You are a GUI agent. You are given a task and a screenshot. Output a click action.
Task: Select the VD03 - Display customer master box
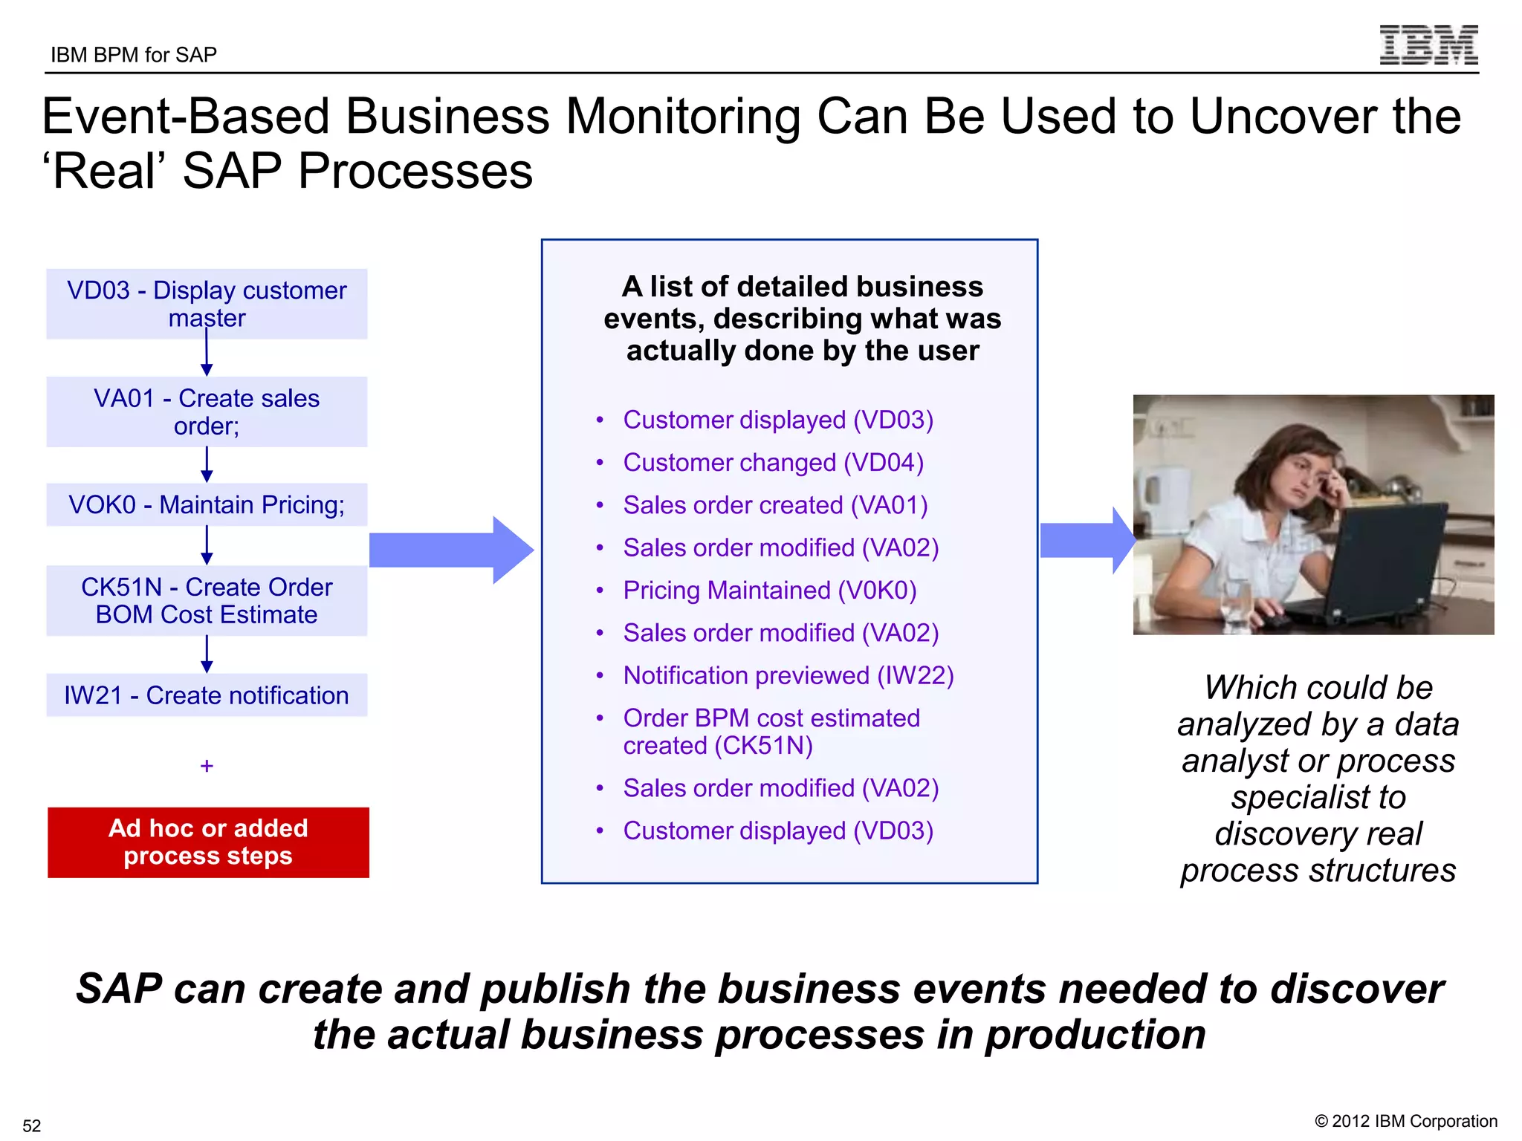click(207, 304)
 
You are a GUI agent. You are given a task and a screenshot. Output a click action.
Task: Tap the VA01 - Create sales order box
click(207, 412)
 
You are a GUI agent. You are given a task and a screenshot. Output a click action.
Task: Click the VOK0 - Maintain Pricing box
click(207, 505)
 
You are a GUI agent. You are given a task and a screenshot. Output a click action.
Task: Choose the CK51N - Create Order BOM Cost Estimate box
click(207, 600)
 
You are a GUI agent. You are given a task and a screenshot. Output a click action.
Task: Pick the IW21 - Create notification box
click(207, 695)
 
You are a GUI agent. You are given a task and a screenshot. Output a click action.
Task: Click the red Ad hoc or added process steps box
click(208, 842)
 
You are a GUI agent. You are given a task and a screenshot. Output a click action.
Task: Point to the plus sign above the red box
click(207, 765)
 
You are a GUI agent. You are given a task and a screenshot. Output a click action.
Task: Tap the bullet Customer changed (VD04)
click(773, 463)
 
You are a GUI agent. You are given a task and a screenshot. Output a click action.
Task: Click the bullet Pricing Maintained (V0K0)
click(769, 591)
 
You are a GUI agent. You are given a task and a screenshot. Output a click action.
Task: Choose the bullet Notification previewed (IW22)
click(788, 676)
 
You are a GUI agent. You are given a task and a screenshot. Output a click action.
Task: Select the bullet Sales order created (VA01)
click(775, 505)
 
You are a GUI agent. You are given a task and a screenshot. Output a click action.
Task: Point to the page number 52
click(32, 1125)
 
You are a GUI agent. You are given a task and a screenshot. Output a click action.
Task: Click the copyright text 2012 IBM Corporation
click(1405, 1121)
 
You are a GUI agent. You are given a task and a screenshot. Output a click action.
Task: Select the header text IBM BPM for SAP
click(134, 55)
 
